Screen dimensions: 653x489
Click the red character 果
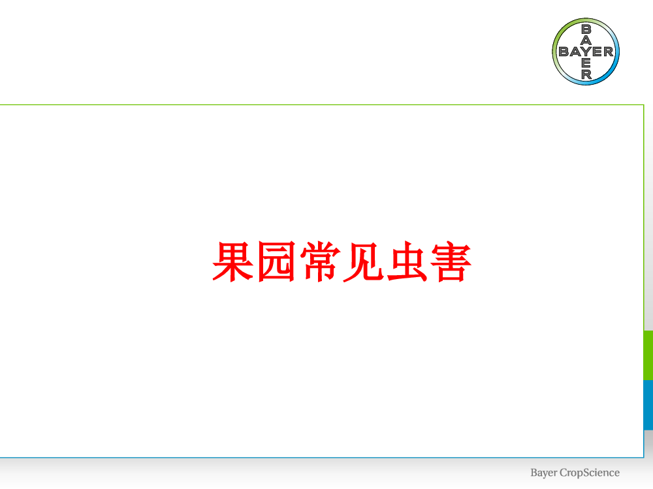tap(233, 261)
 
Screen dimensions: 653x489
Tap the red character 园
tap(276, 261)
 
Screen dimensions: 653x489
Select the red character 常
tap(320, 261)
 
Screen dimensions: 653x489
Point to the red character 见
tap(363, 262)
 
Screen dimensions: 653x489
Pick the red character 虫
tap(407, 261)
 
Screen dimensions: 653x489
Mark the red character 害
tap(451, 261)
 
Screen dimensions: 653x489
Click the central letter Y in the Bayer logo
tap(586, 52)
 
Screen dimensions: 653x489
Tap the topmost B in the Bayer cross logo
tap(586, 29)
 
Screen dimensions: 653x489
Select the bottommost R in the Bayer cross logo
tap(586, 74)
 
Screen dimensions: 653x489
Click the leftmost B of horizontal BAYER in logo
tap(564, 52)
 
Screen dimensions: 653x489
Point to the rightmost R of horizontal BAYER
tap(609, 52)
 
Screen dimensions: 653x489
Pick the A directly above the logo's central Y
tap(586, 40)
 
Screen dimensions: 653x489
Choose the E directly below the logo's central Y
tap(586, 63)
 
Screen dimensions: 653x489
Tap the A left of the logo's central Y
tap(575, 52)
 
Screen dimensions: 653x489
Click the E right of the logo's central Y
tap(597, 52)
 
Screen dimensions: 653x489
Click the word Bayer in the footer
tap(543, 473)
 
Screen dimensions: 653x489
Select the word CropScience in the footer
tap(590, 473)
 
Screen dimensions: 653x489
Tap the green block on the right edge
tap(648, 355)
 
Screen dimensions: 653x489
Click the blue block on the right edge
tap(648, 405)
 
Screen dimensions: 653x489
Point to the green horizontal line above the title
tap(322, 105)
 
